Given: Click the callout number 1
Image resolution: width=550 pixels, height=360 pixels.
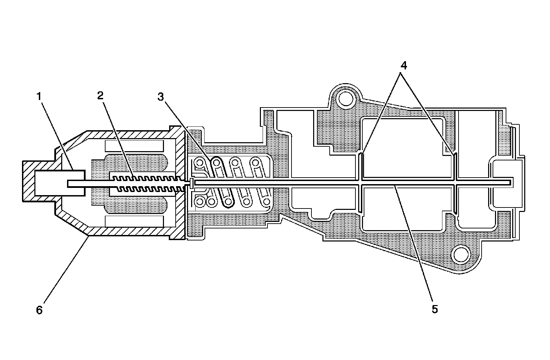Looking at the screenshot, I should (40, 97).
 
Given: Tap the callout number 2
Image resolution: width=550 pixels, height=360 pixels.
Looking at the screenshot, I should (100, 96).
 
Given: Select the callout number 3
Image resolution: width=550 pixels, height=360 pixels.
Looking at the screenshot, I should (161, 97).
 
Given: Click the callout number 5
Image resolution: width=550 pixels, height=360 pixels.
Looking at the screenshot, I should (435, 309).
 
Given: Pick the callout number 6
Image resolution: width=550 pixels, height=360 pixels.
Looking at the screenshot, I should (40, 310).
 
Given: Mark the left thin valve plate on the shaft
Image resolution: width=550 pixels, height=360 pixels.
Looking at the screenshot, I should (360, 182).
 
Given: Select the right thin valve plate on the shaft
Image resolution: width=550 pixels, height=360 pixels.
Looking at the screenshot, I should (455, 182).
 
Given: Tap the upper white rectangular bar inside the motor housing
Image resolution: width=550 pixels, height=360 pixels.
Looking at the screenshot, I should (134, 146).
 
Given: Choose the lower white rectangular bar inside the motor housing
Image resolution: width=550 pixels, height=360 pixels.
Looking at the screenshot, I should (134, 222).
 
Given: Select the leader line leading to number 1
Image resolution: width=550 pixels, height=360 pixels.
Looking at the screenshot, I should (57, 134).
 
